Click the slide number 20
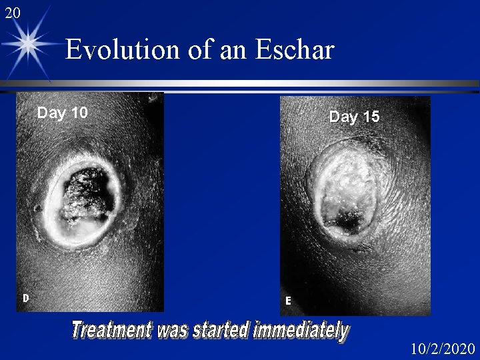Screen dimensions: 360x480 click(13, 12)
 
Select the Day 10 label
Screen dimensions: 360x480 click(62, 113)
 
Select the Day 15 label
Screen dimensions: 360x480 click(354, 117)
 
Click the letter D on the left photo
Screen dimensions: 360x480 click(25, 299)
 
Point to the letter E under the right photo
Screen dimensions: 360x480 click(288, 301)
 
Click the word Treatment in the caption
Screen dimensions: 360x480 click(111, 330)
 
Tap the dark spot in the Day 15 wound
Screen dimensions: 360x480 click(347, 216)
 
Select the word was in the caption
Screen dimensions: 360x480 click(173, 330)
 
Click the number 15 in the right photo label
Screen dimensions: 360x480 click(371, 117)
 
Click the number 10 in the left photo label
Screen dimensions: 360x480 click(79, 113)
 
